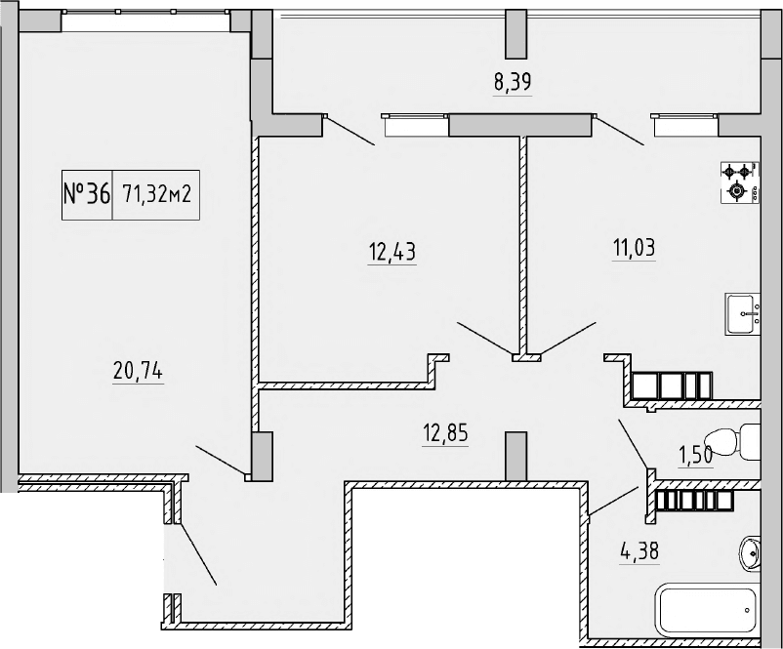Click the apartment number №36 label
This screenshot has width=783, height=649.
click(x=86, y=193)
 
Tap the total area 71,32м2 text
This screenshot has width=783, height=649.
click(x=155, y=193)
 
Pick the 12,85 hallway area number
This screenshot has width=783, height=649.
click(x=443, y=431)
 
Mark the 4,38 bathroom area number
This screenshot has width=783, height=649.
click(x=639, y=551)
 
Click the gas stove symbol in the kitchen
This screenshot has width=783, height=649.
click(x=739, y=182)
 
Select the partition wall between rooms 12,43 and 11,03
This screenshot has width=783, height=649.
click(x=523, y=244)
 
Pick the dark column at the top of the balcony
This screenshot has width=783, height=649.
click(x=515, y=35)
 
